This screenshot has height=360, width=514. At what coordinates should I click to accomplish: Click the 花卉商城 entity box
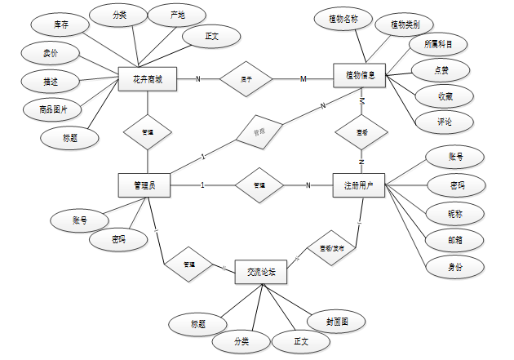(x=147, y=79)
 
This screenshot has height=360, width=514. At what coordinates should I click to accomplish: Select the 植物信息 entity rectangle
(x=360, y=76)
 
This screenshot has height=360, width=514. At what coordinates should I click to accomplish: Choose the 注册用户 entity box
(x=359, y=185)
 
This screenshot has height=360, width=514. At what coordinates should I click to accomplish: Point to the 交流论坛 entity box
(x=261, y=271)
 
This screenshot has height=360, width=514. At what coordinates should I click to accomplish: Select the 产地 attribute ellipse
(x=177, y=16)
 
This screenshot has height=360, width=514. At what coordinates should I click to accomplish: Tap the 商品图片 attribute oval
(x=47, y=108)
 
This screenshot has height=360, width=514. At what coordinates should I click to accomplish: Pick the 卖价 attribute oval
(x=50, y=54)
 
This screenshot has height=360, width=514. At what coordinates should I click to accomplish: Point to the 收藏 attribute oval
(x=445, y=96)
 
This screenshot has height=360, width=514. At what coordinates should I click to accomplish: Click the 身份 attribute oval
(x=454, y=267)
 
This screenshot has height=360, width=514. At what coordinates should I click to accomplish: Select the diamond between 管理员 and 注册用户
(x=259, y=185)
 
